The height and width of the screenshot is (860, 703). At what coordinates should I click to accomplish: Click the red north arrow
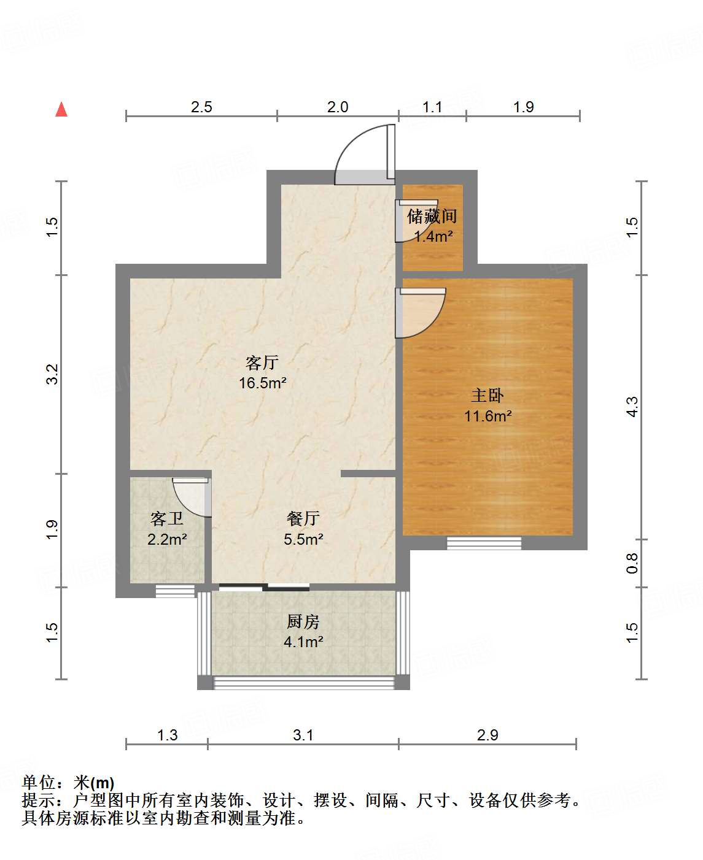[x=61, y=109]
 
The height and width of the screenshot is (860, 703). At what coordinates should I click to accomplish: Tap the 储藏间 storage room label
[x=432, y=216]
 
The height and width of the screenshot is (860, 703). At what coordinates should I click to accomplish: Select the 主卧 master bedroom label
[x=487, y=396]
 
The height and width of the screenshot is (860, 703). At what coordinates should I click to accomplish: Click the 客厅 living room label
[x=262, y=363]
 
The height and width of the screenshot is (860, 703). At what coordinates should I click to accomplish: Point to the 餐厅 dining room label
[x=303, y=519]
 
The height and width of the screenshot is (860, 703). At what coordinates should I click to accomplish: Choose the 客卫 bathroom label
[x=167, y=519]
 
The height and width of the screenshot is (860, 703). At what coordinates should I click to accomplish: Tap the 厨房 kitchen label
[x=303, y=622]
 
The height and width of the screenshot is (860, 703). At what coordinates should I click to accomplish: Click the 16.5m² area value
[x=263, y=383]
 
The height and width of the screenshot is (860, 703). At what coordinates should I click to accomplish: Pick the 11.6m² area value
[x=487, y=416]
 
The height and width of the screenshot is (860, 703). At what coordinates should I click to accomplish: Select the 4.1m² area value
[x=303, y=642]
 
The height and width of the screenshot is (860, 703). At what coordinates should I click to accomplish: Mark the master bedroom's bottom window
[x=484, y=543]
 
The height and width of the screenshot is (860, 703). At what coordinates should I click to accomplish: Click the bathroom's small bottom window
[x=175, y=591]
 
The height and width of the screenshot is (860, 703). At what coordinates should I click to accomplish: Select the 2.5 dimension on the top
[x=201, y=107]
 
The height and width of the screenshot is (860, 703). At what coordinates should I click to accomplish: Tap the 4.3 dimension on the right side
[x=632, y=407]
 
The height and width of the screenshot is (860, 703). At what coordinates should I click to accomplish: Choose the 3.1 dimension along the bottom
[x=303, y=735]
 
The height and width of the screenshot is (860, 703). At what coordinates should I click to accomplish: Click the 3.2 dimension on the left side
[x=53, y=374]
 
